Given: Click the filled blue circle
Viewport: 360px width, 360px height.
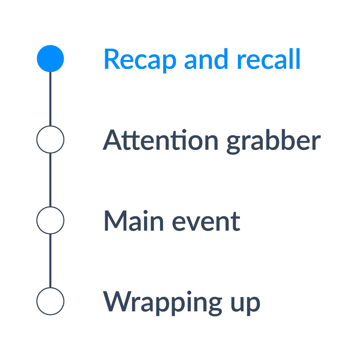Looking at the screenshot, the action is (x=50, y=59).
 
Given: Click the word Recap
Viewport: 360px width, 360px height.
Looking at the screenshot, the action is (x=140, y=60).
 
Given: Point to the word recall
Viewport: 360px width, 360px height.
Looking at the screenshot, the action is (x=269, y=59).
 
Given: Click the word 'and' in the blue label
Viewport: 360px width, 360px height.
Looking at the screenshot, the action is (x=206, y=59).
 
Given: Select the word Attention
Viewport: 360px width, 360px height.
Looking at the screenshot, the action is (x=160, y=140).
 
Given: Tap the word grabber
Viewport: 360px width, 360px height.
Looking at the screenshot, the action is (x=273, y=141).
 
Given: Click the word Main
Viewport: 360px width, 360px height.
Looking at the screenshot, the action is (x=134, y=220).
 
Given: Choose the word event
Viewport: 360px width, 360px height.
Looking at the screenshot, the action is (x=206, y=222).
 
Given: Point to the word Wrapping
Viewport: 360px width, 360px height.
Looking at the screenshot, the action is (x=163, y=303).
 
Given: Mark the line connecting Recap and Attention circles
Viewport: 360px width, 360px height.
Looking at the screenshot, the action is (x=50, y=99).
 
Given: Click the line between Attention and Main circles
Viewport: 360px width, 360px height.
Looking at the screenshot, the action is (x=50, y=180).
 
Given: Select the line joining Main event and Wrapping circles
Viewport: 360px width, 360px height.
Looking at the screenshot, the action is (x=50, y=261).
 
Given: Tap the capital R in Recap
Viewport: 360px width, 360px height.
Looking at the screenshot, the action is (x=112, y=59).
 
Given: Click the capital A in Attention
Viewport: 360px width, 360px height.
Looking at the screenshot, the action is (x=112, y=140).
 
